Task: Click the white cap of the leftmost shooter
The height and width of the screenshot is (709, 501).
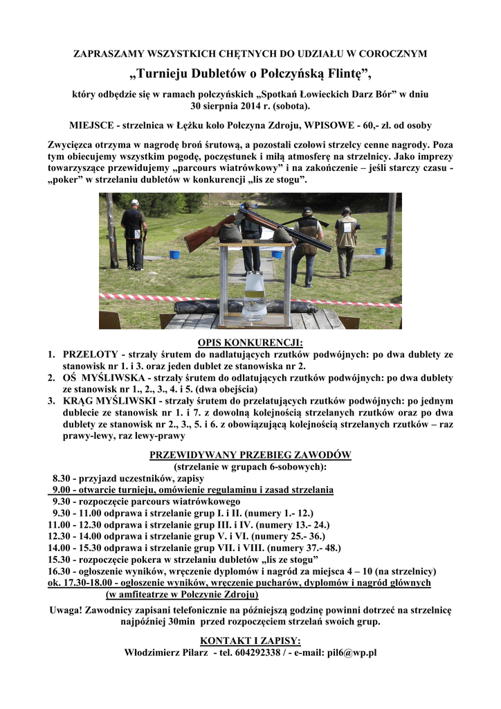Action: pos(134,202)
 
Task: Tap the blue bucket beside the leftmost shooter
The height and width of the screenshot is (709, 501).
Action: pos(174,254)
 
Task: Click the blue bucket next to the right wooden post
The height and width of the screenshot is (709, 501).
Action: pos(380,251)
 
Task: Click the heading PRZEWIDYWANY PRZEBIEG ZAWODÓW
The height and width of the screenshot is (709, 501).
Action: pos(250,455)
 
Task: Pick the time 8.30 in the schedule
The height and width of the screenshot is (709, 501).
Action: pos(63,478)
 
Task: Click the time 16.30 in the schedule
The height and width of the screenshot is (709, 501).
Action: pos(60,571)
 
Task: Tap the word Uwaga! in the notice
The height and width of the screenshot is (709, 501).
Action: pos(68,610)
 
